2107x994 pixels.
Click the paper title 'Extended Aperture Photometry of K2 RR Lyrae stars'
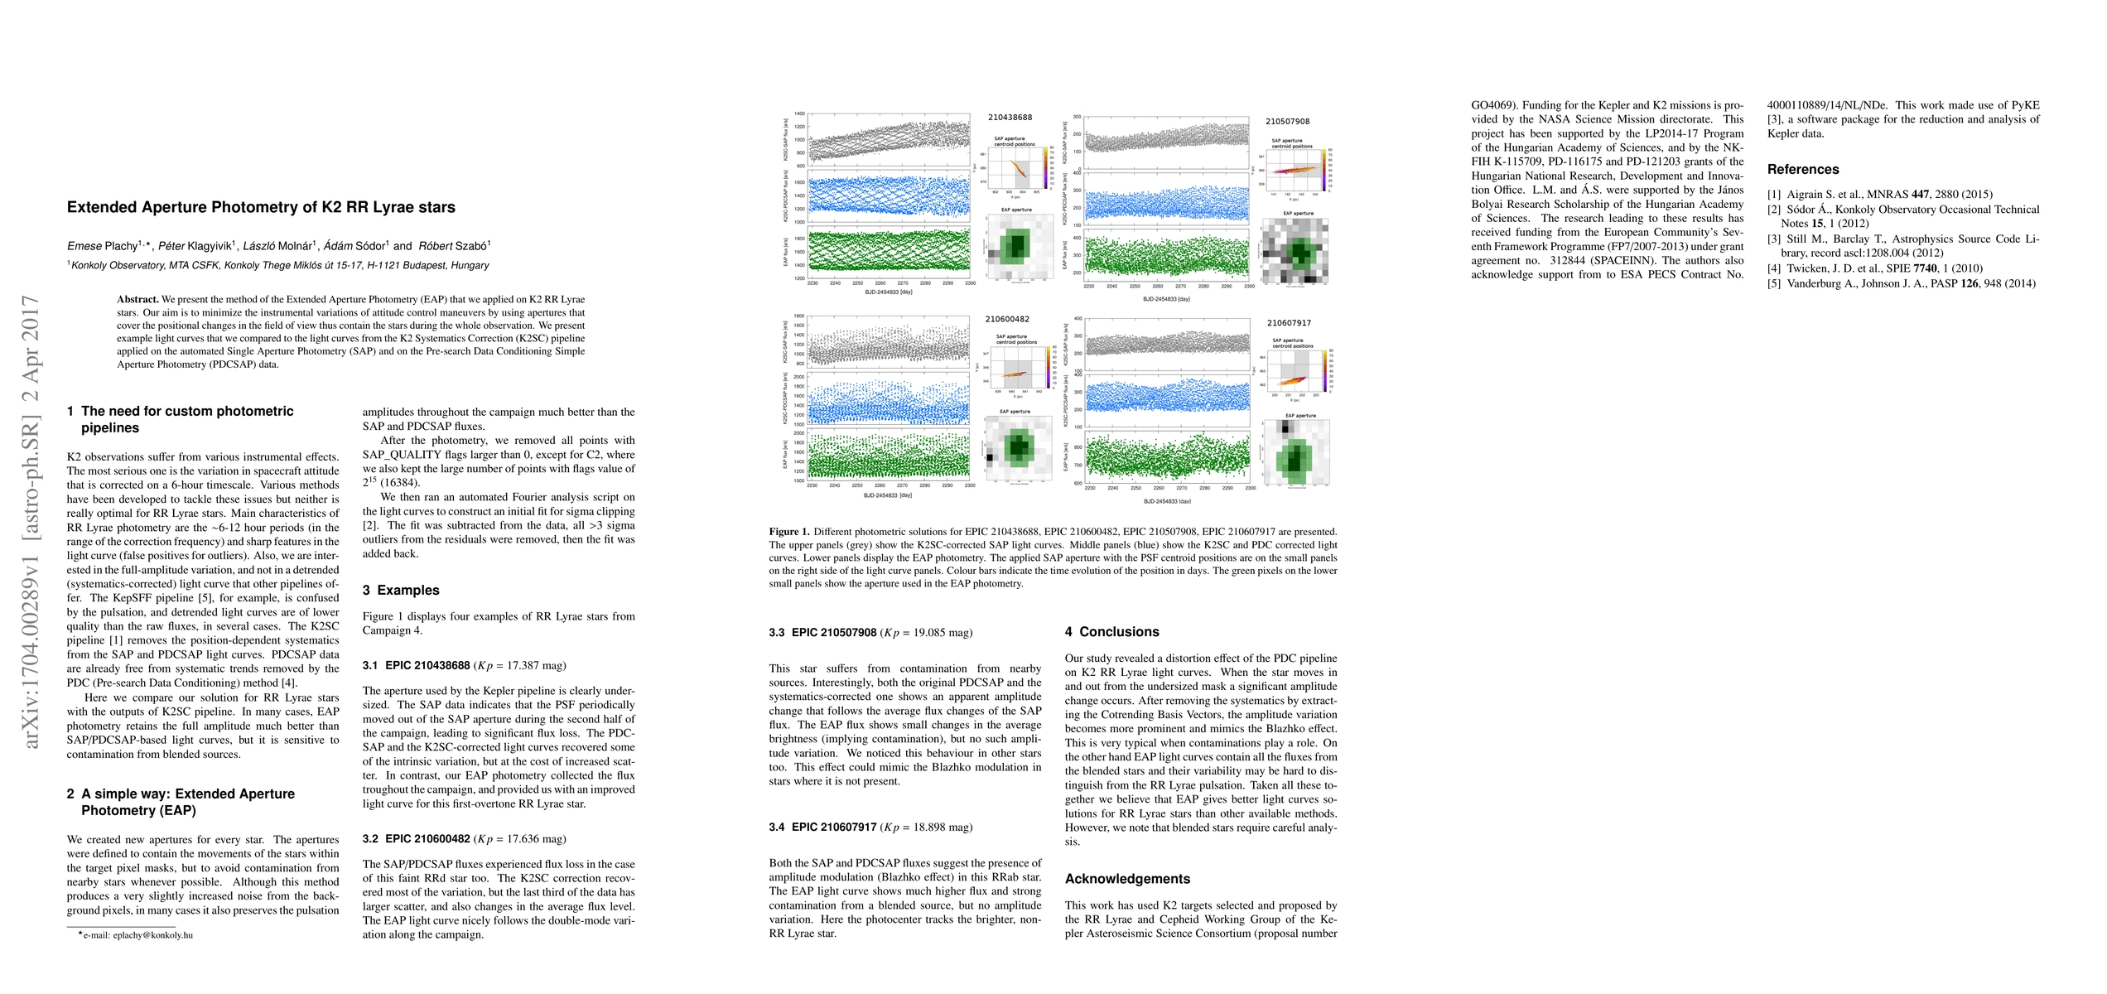coord(261,207)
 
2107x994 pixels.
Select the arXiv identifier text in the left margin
coord(32,522)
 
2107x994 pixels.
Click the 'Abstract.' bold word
coord(137,300)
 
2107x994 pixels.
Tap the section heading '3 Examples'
coord(401,591)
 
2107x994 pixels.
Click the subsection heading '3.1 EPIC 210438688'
coord(427,666)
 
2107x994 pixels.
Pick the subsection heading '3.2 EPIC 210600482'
coord(427,839)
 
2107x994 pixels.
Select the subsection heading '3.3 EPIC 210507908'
coord(833,633)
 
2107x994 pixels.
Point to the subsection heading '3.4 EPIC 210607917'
coord(833,828)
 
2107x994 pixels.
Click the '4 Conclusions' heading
coord(1111,632)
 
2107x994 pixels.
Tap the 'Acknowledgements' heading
coord(1127,879)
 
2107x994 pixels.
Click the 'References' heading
coord(1803,170)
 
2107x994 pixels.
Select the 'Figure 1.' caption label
coord(789,532)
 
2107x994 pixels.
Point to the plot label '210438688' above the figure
coord(1010,118)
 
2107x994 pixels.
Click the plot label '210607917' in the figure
coord(1289,323)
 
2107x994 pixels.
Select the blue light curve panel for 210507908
coord(1166,197)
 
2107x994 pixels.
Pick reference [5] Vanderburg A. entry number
coord(1773,284)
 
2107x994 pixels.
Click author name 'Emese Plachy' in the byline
coord(103,246)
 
